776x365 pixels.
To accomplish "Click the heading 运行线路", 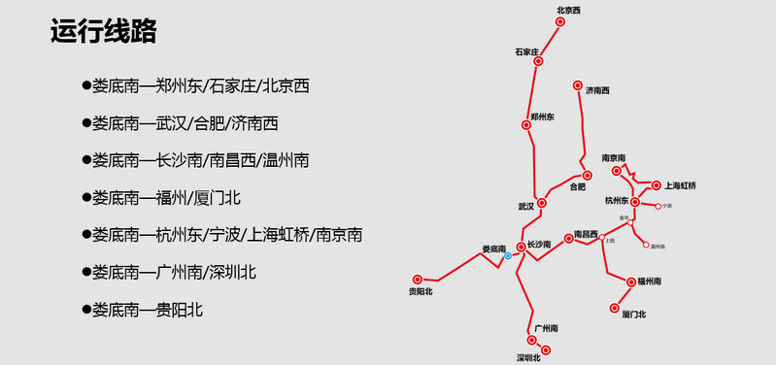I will click(103, 31).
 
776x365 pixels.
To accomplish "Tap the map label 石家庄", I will click(526, 50).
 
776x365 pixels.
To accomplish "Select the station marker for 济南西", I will click(578, 84).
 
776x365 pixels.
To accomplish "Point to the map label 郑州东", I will click(541, 116).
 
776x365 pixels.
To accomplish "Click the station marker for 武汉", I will click(542, 203).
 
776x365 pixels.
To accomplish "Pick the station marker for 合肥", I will click(587, 176).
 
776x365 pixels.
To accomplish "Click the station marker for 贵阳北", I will click(419, 279).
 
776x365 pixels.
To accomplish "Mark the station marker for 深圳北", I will click(546, 349).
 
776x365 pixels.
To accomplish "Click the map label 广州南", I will click(546, 328).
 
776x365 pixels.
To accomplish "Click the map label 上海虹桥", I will click(680, 185).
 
